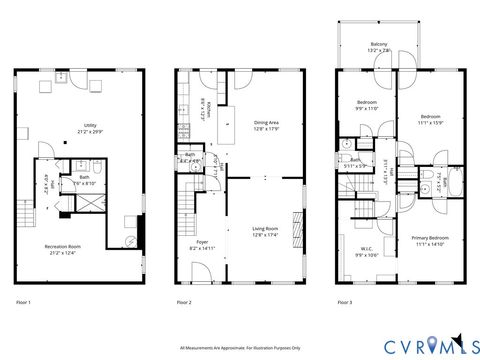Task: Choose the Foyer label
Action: point(202,244)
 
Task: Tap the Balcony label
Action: point(380,47)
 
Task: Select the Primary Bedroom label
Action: point(429,239)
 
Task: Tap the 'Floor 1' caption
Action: point(24,301)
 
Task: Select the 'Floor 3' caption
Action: point(345,301)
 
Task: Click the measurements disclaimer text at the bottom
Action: point(240,348)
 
